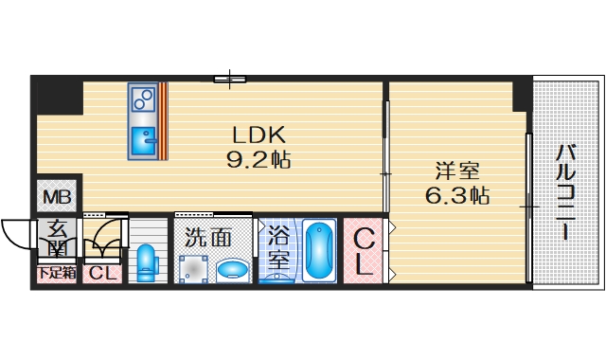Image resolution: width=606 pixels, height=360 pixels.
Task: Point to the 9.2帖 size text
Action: click(258, 159)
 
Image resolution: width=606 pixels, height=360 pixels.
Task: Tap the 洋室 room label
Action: click(456, 172)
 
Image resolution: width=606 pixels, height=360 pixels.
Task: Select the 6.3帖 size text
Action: click(456, 197)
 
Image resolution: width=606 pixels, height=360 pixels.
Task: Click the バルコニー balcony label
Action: click(565, 189)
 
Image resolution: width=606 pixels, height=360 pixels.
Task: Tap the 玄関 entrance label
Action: click(57, 238)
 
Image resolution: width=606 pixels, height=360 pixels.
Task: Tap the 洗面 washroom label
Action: click(207, 238)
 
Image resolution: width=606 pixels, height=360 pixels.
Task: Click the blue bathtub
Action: click(320, 248)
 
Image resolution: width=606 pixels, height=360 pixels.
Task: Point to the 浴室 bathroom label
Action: click(277, 248)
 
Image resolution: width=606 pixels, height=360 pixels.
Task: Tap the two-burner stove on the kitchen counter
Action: click(144, 99)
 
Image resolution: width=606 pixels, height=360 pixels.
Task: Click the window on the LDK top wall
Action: click(230, 79)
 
